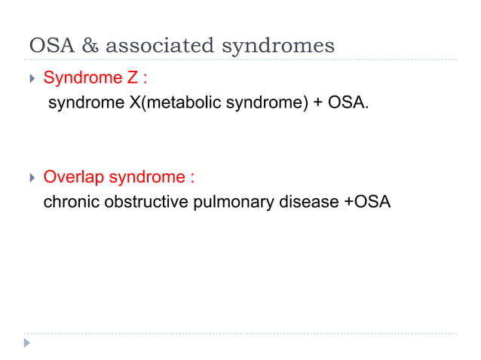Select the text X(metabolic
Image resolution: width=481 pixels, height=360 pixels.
click(168, 102)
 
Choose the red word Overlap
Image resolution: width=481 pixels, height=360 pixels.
click(74, 178)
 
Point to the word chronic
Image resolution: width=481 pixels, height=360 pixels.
click(69, 203)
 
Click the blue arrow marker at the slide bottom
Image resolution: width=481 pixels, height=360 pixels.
click(28, 343)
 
